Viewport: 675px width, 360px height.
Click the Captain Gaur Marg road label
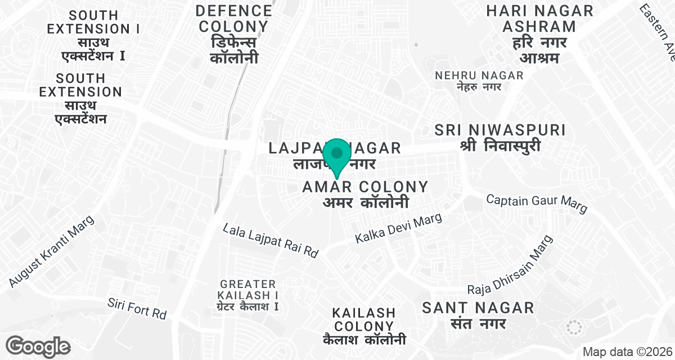(537, 203)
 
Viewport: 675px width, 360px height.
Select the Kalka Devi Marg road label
(399, 228)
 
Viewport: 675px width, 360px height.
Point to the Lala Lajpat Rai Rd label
(271, 240)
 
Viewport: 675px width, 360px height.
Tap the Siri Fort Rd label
(137, 308)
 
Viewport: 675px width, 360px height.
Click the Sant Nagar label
(478, 308)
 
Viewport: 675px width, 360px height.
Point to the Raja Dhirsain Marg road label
(511, 264)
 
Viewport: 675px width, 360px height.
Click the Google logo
(38, 346)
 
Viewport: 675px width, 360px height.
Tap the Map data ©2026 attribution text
(627, 352)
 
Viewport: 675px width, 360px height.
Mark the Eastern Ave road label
(658, 28)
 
